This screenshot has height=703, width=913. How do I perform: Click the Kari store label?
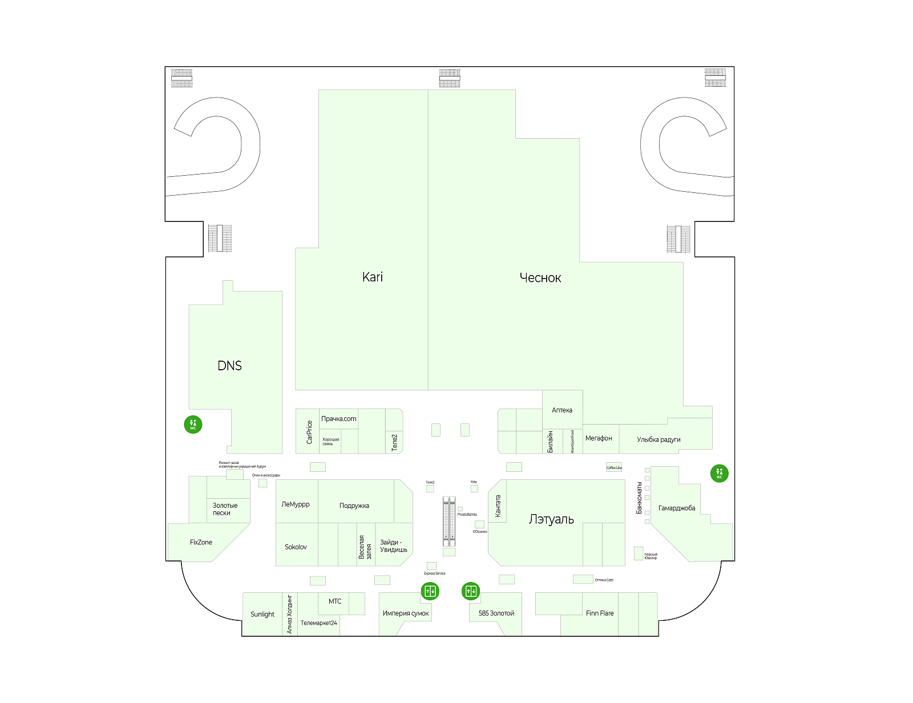[372, 277]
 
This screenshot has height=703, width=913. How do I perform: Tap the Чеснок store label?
[540, 278]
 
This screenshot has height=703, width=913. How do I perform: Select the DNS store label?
[229, 366]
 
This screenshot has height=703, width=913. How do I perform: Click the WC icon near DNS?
[193, 425]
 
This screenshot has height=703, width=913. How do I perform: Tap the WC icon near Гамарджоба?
[719, 473]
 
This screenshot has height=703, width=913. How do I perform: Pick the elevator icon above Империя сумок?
[430, 591]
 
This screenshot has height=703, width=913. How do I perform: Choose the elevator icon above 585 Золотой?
[471, 591]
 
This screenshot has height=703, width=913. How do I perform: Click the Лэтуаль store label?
[551, 519]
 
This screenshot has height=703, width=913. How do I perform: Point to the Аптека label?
[562, 410]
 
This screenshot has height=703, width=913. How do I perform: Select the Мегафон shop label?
[599, 438]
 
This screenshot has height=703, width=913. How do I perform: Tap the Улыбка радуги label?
[659, 440]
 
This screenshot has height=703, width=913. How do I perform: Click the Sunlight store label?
[262, 615]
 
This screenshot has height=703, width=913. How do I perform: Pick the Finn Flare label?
[600, 613]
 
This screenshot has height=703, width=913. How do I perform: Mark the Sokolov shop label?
[296, 547]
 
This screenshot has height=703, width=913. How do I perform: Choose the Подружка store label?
[354, 506]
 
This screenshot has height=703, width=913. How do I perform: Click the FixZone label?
[201, 543]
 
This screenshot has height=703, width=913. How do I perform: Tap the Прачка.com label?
[338, 419]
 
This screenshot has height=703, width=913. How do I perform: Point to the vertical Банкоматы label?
[640, 498]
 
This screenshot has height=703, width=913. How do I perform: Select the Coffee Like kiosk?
[614, 467]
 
